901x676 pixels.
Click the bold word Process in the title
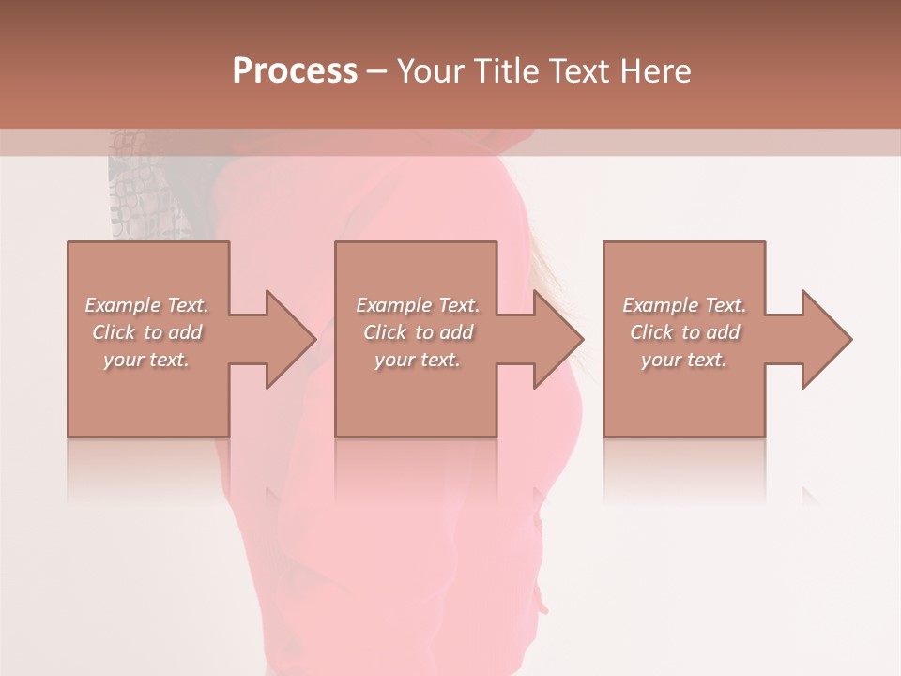(x=295, y=71)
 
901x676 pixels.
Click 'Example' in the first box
(x=124, y=305)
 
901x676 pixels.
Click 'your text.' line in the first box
(x=146, y=360)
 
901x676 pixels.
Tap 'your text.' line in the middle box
(x=418, y=360)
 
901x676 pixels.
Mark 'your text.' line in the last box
(x=684, y=360)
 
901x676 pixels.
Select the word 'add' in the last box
(x=721, y=332)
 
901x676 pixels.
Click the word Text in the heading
(x=581, y=71)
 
